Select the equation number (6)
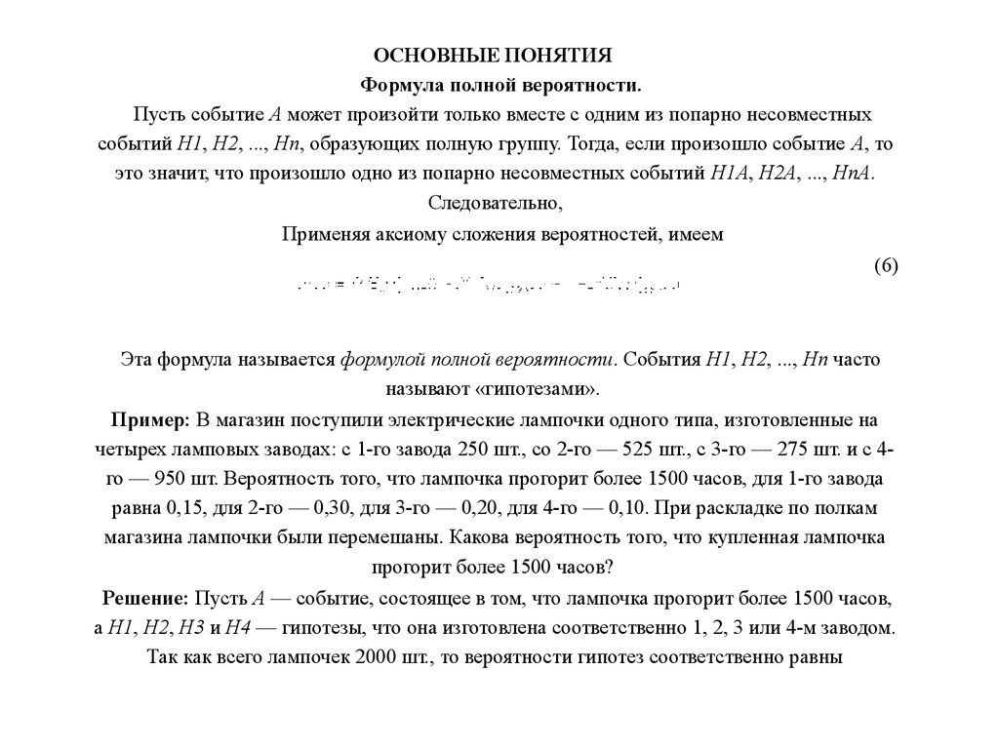[886, 267]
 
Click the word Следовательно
[496, 205]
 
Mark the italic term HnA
[855, 175]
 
